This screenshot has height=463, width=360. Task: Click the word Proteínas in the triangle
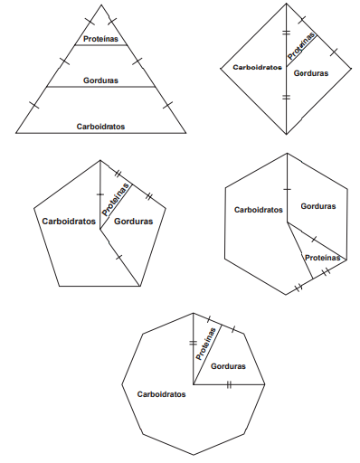coord(100,39)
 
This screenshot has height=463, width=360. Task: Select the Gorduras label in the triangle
coord(100,80)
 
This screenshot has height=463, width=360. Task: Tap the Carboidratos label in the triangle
coord(100,127)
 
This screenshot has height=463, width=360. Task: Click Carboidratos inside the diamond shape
coord(257,67)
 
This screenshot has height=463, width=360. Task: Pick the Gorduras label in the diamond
coord(311,73)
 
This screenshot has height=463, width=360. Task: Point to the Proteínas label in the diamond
coord(301,46)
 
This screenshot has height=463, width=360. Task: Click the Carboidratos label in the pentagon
coord(69,222)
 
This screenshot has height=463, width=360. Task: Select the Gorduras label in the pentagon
coord(133,222)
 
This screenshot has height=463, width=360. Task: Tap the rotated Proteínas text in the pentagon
coord(117,200)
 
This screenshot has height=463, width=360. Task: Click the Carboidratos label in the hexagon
coord(259,210)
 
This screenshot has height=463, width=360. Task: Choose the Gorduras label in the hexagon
coord(318,206)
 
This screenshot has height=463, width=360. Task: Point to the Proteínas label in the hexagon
coord(322,258)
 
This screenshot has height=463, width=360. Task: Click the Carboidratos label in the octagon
coord(161,394)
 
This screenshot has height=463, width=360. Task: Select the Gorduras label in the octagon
coord(228,366)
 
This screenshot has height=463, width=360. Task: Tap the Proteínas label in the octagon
coord(206,344)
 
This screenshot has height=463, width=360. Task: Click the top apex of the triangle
coord(101,5)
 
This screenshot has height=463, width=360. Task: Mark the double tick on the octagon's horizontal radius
coord(229,384)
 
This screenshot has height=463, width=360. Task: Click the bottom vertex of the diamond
coord(286,134)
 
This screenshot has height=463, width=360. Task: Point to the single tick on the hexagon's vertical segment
coord(287,189)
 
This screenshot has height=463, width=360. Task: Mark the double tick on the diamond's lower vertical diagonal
coord(286,97)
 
